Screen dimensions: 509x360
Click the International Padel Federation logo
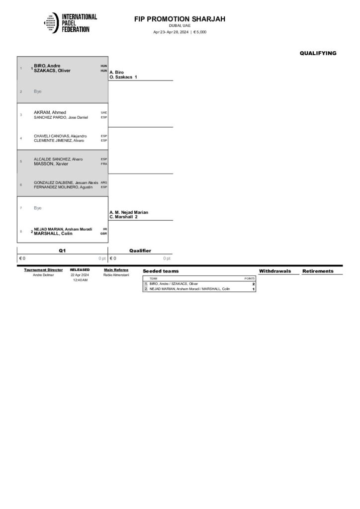tap(70, 23)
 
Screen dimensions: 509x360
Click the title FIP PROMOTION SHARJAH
tap(180, 19)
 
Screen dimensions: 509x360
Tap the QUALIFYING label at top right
tap(318, 53)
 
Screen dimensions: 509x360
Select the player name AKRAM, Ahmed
tap(50, 112)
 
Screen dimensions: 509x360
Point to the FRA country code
tap(104, 164)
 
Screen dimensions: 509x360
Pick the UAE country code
tap(104, 112)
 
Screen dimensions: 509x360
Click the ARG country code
tap(104, 182)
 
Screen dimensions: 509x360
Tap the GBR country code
tap(104, 234)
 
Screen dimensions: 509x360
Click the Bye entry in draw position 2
tap(38, 91)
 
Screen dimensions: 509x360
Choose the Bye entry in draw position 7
tap(38, 208)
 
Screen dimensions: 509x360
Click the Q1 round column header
tap(62, 251)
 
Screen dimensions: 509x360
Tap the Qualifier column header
tap(140, 251)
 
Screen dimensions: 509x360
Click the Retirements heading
tap(318, 271)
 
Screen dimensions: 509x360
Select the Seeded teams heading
tap(161, 271)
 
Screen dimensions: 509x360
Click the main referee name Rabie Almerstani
tap(116, 275)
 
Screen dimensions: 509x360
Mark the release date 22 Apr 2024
tap(80, 275)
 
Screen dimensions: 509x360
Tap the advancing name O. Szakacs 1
tap(123, 78)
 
